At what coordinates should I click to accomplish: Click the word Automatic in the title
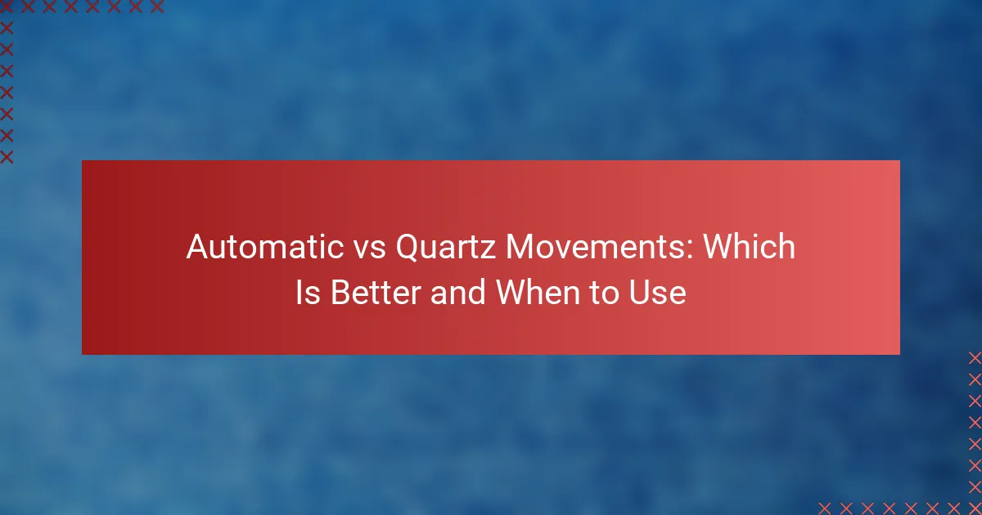click(x=265, y=247)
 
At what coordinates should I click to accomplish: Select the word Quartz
click(x=446, y=248)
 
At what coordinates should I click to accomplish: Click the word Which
click(x=750, y=246)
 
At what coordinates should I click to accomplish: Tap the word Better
click(x=376, y=293)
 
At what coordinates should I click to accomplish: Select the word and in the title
click(x=458, y=293)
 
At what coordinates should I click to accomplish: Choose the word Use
click(x=658, y=293)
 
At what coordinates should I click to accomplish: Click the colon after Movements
click(x=690, y=250)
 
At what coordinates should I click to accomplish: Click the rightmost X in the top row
click(x=157, y=7)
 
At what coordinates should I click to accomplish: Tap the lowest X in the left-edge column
click(x=7, y=157)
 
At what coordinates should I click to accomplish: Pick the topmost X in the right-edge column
click(x=975, y=358)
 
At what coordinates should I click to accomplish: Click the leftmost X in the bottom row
click(x=825, y=508)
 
